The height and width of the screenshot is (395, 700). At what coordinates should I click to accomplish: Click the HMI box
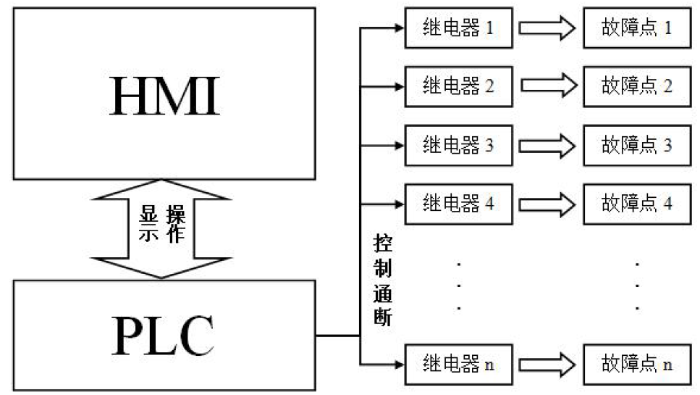point(164,93)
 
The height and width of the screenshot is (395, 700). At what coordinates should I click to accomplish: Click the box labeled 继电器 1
point(458,28)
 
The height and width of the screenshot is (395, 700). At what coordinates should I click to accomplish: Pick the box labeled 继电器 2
point(458,86)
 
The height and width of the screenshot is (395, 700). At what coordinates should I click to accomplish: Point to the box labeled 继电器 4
point(458,203)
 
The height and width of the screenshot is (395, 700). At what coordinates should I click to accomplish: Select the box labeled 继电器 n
point(458,363)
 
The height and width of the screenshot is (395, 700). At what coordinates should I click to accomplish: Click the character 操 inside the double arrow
point(176,215)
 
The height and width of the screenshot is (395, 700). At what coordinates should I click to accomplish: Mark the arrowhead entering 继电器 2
point(397,86)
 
